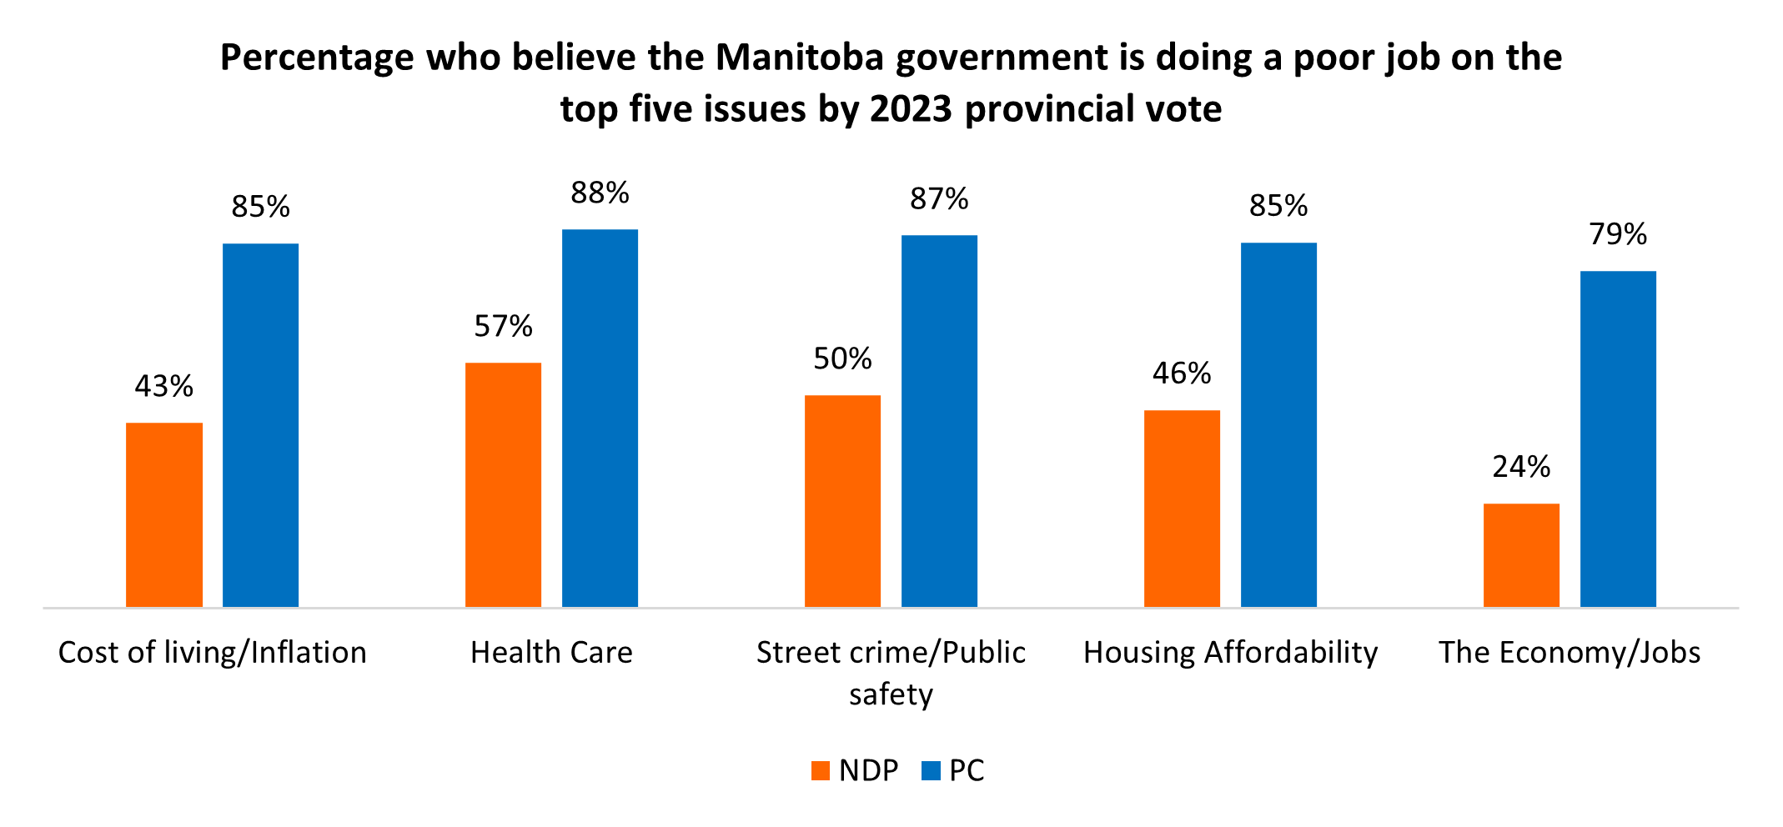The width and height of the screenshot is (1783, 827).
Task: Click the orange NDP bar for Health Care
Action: (x=503, y=484)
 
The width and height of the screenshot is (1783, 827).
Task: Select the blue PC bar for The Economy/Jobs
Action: (x=1618, y=439)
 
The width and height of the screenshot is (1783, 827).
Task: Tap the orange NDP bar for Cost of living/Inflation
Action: (x=164, y=514)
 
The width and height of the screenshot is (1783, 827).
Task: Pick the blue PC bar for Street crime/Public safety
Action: (x=939, y=421)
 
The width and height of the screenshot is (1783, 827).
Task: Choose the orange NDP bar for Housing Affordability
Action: (x=1182, y=508)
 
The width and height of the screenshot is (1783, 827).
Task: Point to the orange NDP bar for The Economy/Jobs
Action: (x=1521, y=554)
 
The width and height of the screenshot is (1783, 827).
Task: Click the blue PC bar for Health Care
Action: (x=600, y=418)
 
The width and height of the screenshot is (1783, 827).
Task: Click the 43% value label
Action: (x=164, y=386)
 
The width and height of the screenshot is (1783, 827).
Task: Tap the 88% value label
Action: (x=600, y=193)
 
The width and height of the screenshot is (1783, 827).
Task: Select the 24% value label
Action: (x=1521, y=467)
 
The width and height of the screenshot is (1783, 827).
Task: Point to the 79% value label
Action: (x=1618, y=234)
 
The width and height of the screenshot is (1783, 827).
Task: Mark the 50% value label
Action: (x=842, y=358)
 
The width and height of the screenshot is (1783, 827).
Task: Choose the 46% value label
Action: (x=1182, y=373)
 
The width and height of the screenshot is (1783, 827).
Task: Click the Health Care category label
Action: (x=551, y=653)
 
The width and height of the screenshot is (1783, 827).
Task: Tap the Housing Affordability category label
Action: (x=1230, y=653)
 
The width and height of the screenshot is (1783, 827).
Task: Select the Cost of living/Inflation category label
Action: (x=212, y=653)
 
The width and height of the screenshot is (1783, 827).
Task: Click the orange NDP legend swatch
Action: (x=821, y=770)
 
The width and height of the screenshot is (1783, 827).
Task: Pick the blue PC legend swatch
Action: (x=931, y=770)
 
